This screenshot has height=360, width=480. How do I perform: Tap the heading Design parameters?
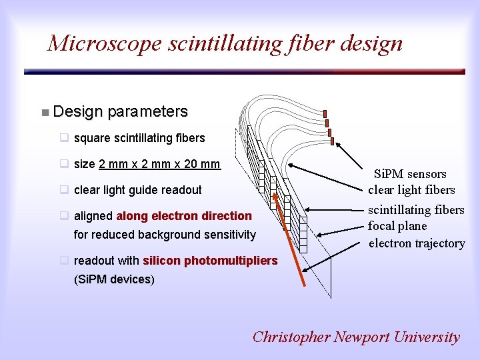pyautogui.click(x=120, y=111)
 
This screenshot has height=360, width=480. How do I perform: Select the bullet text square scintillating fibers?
pyautogui.click(x=139, y=138)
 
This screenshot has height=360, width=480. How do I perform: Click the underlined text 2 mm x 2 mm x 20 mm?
pyautogui.click(x=159, y=164)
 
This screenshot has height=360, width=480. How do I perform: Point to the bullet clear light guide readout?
pyautogui.click(x=137, y=190)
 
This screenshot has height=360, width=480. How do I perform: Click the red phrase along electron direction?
pyautogui.click(x=184, y=216)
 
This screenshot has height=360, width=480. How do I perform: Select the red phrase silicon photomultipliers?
pyautogui.click(x=210, y=261)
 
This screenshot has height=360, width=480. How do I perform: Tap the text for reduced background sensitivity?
pyautogui.click(x=165, y=235)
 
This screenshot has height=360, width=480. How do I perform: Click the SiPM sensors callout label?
pyautogui.click(x=409, y=174)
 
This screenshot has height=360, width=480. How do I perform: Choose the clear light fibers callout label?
pyautogui.click(x=411, y=190)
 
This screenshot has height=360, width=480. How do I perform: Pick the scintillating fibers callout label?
pyautogui.click(x=416, y=210)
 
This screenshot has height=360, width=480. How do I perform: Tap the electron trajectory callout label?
pyautogui.click(x=417, y=243)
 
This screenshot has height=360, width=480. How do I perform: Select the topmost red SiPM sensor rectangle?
pyautogui.click(x=325, y=113)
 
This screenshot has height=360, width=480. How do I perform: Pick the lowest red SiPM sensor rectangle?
pyautogui.click(x=335, y=140)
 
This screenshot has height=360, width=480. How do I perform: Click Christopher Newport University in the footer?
pyautogui.click(x=356, y=337)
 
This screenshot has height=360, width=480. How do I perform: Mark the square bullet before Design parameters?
pyautogui.click(x=44, y=112)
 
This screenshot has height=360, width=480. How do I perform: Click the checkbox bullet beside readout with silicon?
pyautogui.click(x=65, y=261)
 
